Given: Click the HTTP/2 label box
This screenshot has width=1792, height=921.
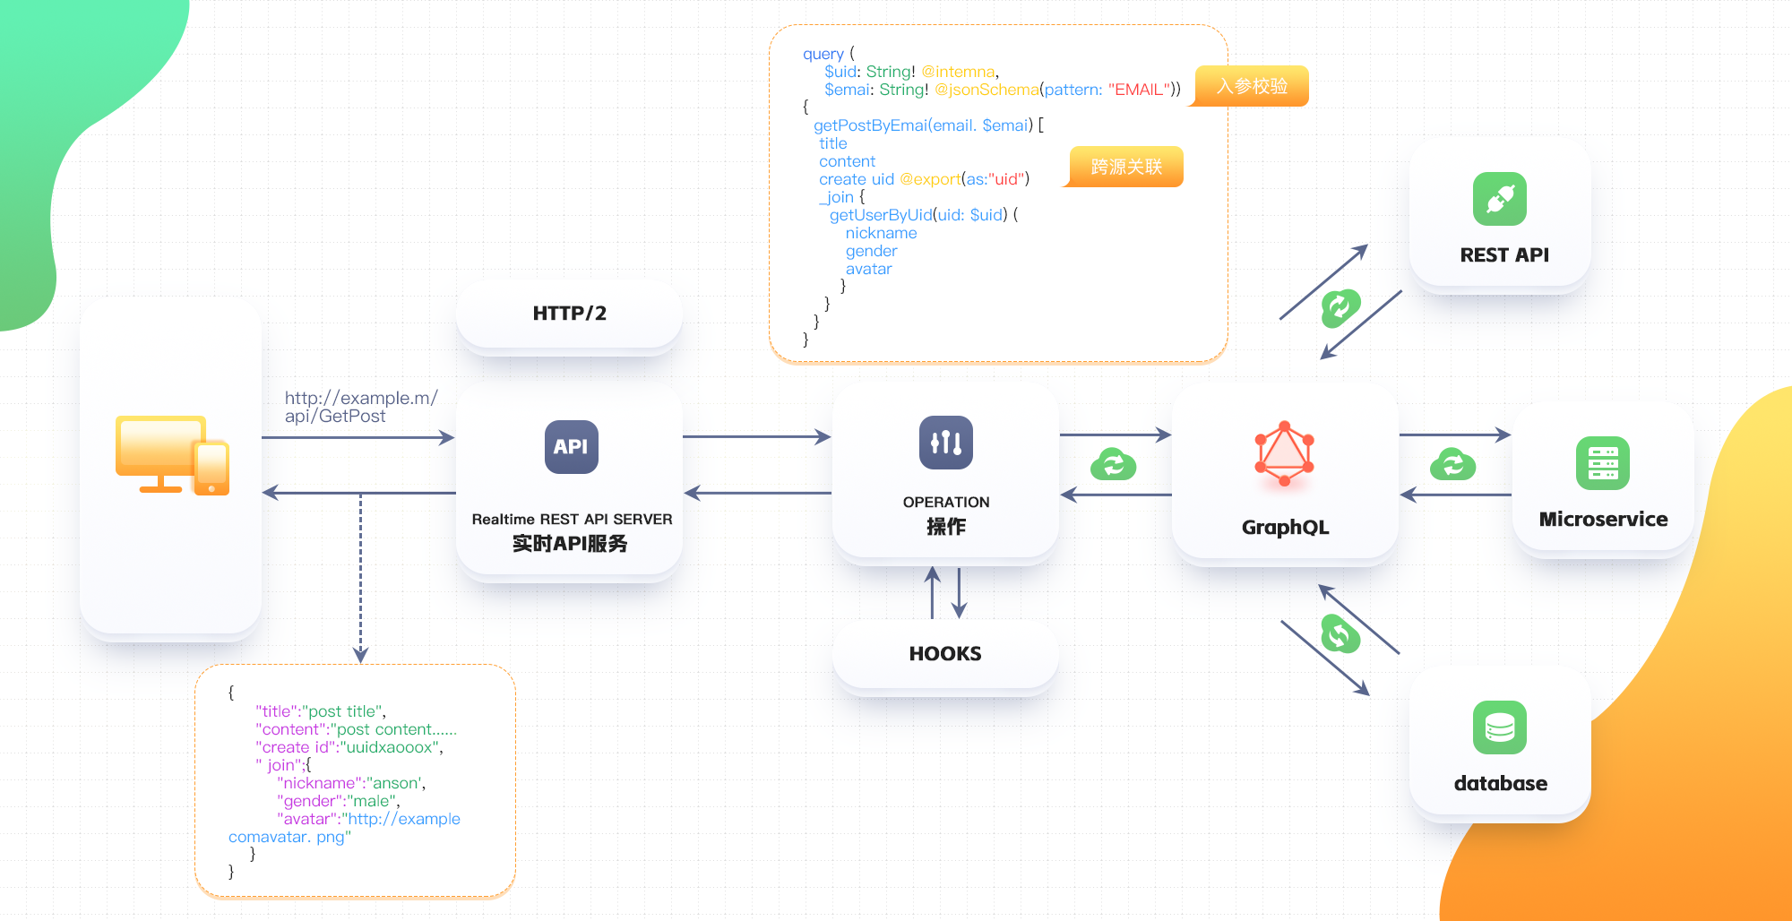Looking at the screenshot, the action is (x=570, y=314).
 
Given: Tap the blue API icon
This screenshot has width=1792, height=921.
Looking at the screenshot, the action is (x=571, y=446).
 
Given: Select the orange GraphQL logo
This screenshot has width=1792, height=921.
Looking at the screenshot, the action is (x=1284, y=453).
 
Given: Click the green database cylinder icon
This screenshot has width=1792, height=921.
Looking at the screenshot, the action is (x=1500, y=727).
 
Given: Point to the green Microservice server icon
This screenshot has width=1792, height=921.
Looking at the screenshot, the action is (x=1603, y=463).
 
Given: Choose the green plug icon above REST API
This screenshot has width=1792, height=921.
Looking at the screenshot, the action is (x=1500, y=199).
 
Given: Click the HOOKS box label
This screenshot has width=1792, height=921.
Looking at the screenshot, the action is (x=945, y=654).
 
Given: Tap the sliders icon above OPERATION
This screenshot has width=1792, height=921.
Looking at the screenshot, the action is (x=946, y=443).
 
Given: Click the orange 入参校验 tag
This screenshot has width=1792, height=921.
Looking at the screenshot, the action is (x=1251, y=86).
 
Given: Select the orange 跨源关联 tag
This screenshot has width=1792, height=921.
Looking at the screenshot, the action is (x=1124, y=167).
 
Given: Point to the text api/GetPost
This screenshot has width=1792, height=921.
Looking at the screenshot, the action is (x=335, y=416).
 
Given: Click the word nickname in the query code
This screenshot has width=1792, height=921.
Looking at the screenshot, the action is (x=881, y=233).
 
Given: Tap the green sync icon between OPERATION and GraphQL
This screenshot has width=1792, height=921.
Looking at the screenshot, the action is (x=1114, y=464).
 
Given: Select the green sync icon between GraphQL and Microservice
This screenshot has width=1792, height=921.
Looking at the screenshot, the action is (x=1453, y=464).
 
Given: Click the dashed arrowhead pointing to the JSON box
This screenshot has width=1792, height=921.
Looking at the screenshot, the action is (x=361, y=656).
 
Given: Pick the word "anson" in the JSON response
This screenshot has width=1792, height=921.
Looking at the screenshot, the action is (x=396, y=783).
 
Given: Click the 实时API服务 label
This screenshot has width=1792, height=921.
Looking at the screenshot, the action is (x=570, y=544).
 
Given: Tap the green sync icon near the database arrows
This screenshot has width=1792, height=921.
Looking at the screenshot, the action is (x=1340, y=634).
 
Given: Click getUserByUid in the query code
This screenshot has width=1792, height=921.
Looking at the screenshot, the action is (x=881, y=215).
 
